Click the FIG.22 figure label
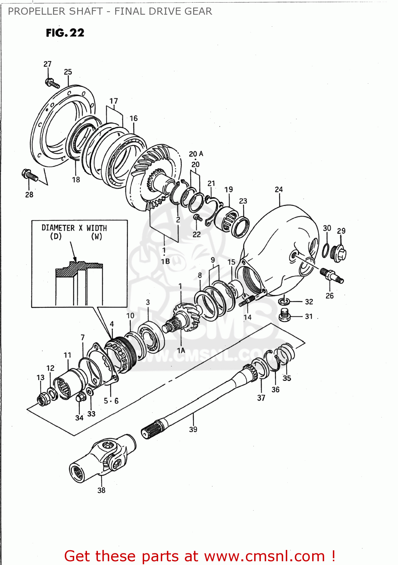coord(65,33)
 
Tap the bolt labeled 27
coord(52,83)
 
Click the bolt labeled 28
coord(30,175)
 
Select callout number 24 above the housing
coord(279,189)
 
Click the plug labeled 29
coord(339,253)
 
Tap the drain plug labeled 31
coord(285,315)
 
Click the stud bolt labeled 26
coord(332,276)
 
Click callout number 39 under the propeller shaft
coord(193,429)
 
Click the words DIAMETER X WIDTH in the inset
coord(74,228)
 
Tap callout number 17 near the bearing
coord(114,101)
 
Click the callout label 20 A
coord(196,154)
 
